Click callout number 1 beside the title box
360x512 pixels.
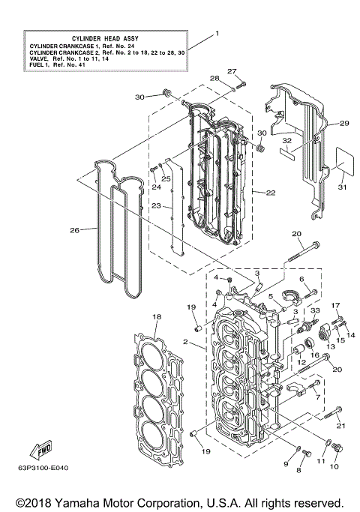point(217,34)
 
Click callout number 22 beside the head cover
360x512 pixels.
point(271,193)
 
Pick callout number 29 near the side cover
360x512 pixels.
point(345,123)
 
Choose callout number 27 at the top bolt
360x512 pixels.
point(232,71)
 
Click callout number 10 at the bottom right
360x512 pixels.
point(334,466)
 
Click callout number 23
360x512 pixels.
point(155,205)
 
